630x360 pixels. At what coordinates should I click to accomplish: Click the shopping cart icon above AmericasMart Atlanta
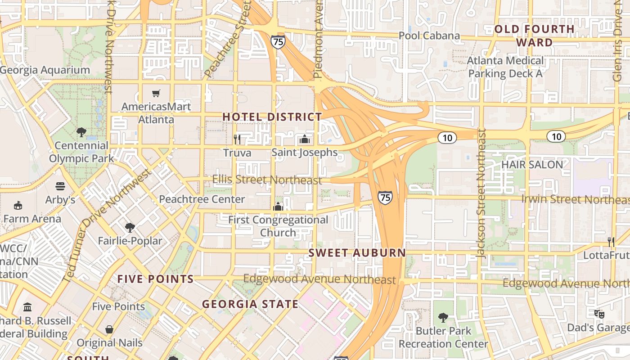pos(156,94)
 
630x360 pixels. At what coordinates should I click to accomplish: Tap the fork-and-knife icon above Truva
pos(237,139)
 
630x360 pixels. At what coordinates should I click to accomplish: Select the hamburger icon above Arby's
pos(60,186)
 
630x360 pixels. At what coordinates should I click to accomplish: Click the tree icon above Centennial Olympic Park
pos(81,132)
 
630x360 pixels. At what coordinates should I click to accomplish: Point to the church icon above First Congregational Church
pos(278,207)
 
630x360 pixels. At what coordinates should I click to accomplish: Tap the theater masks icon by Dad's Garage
pos(598,314)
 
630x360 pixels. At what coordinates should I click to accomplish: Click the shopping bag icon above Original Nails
pos(109,329)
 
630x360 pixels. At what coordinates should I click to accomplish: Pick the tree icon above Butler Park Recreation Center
pos(443,318)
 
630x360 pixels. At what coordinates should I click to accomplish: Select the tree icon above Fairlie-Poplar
pos(130,228)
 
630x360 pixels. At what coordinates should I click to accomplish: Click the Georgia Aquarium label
pos(45,70)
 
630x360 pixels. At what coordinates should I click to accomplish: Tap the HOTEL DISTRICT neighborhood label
pos(272,117)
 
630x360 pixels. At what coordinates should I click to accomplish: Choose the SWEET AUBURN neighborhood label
pos(357,253)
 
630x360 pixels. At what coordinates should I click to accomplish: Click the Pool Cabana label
pos(429,36)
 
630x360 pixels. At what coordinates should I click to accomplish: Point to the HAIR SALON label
pos(532,165)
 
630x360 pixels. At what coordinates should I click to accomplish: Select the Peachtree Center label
pos(202,199)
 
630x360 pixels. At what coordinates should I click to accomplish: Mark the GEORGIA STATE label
pos(250,304)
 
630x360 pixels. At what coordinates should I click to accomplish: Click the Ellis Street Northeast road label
pos(267,180)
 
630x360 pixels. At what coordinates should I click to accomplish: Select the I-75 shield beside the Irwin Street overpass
pos(385,197)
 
